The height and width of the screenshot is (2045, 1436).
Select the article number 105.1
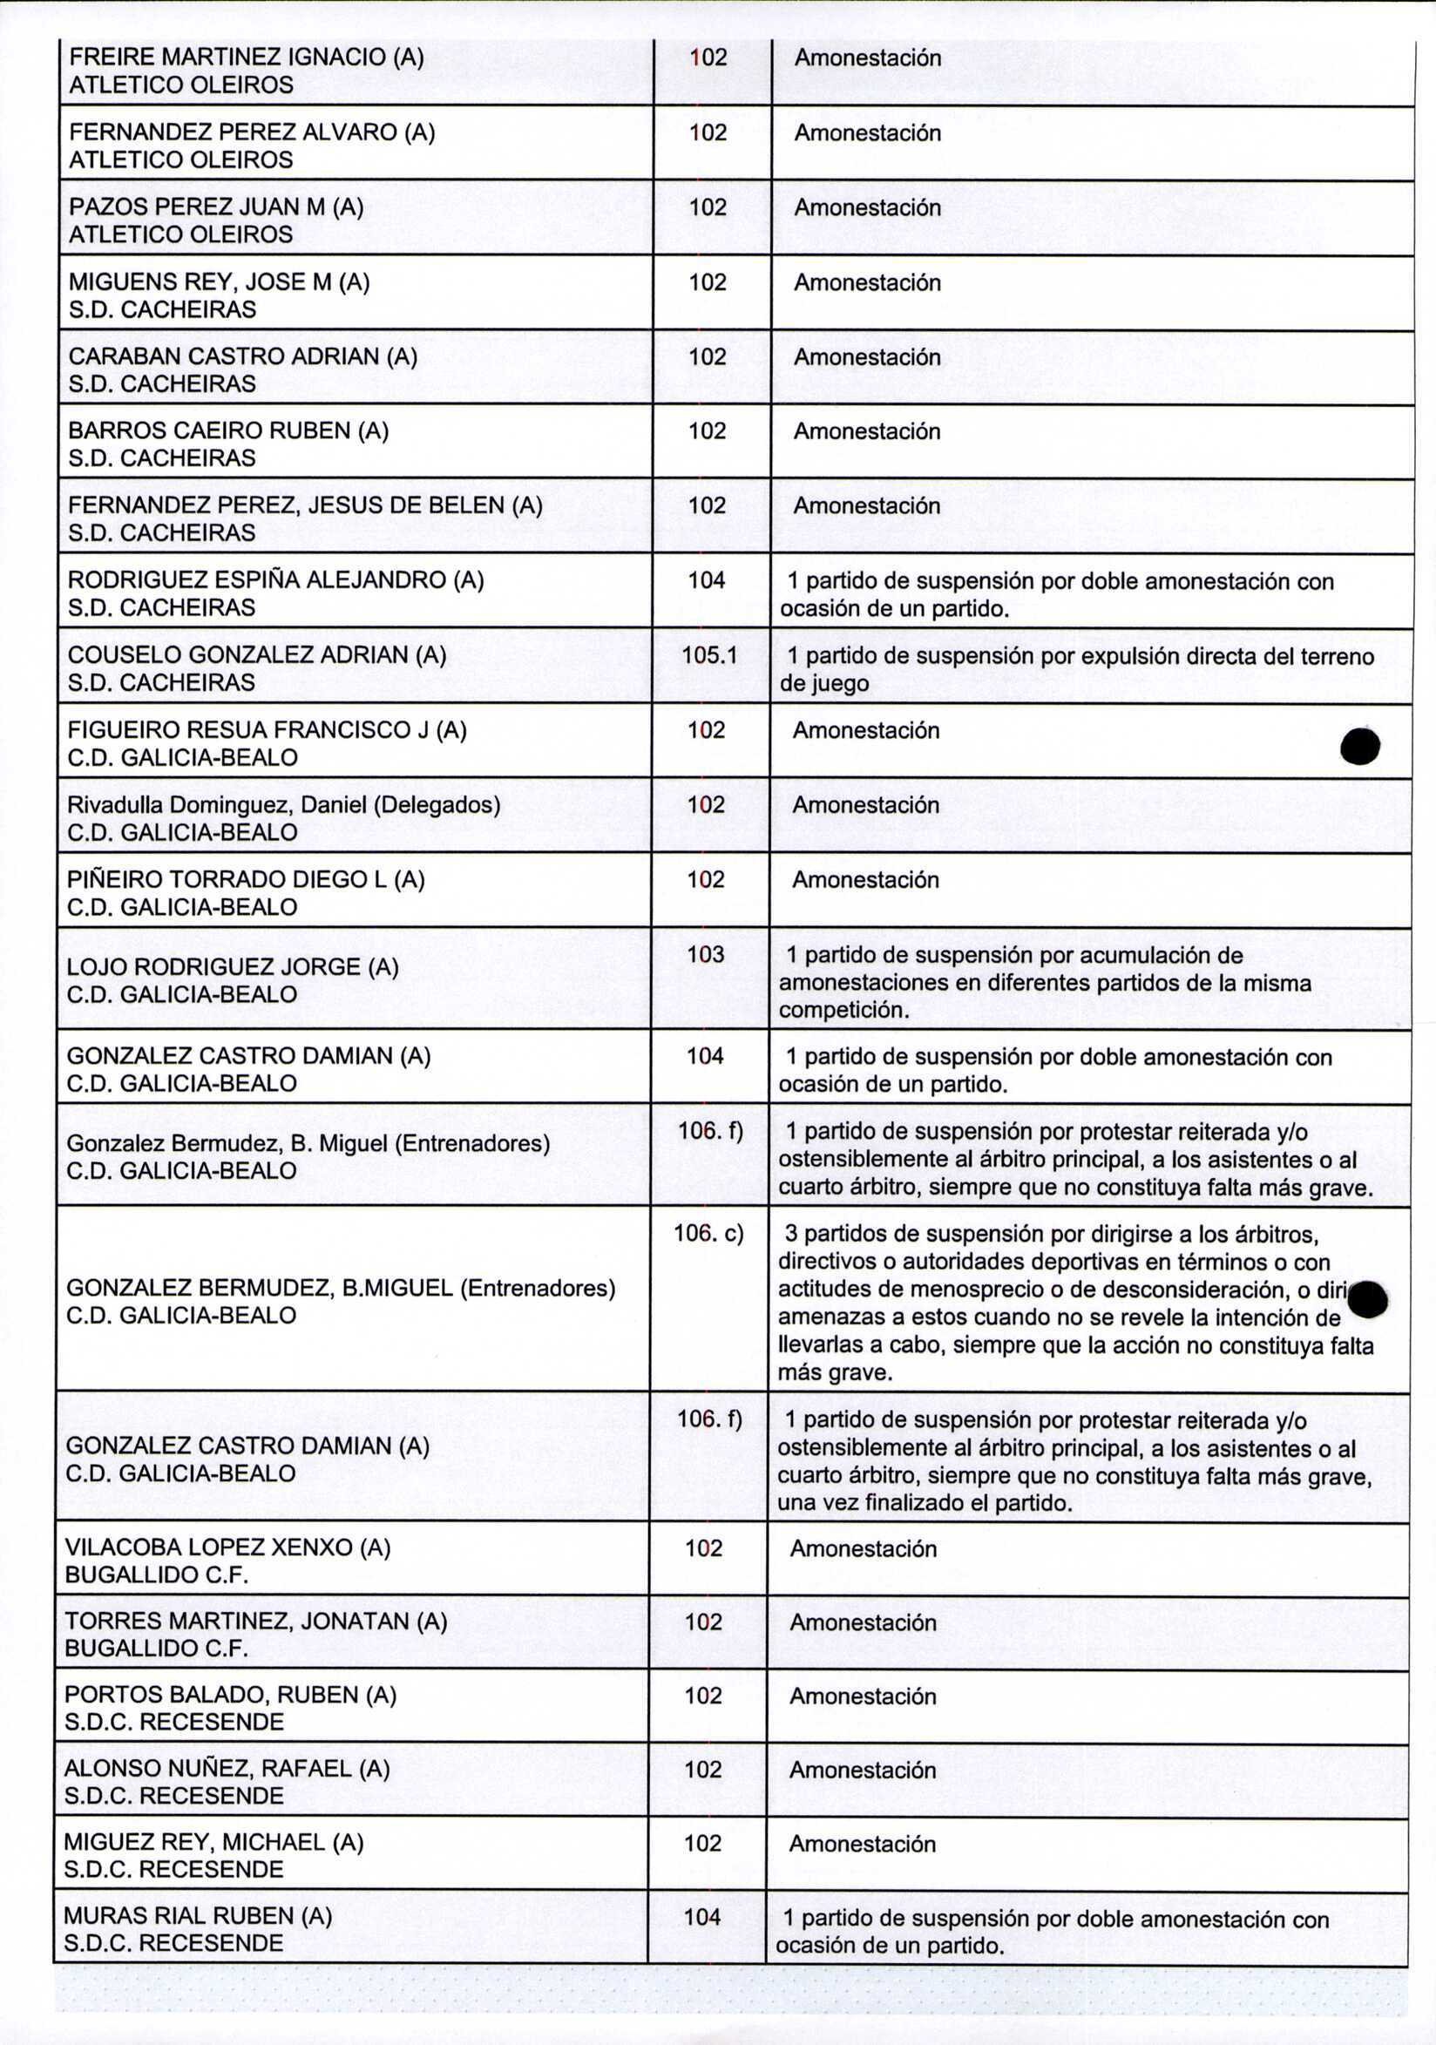coord(710,655)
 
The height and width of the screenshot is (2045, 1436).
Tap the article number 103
coord(706,955)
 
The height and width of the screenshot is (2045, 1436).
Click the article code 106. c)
coord(708,1234)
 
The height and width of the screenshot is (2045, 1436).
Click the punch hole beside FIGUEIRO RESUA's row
coord(1360,746)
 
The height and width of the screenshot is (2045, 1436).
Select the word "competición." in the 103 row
coord(843,1010)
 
